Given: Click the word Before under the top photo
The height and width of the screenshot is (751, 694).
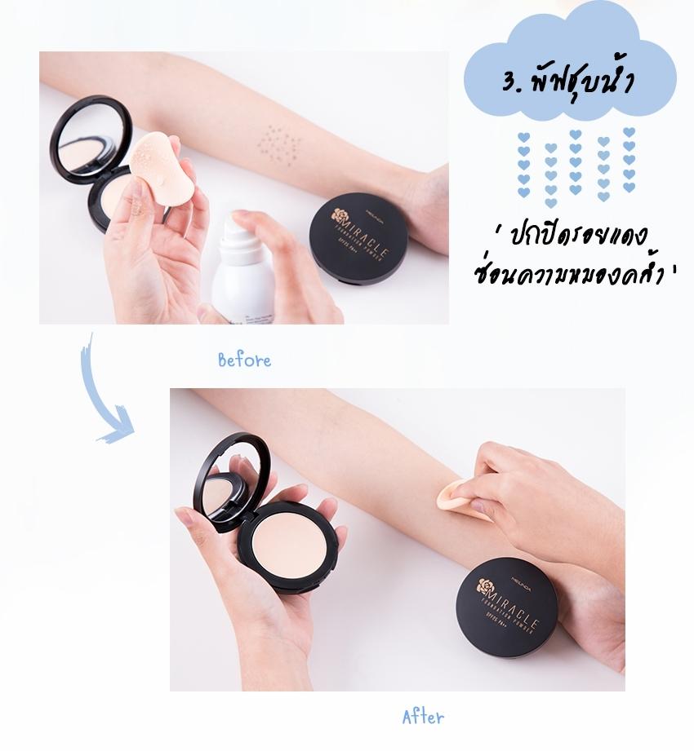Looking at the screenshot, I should (x=244, y=360).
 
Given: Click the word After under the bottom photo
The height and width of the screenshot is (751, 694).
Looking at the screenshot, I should (x=423, y=718).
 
